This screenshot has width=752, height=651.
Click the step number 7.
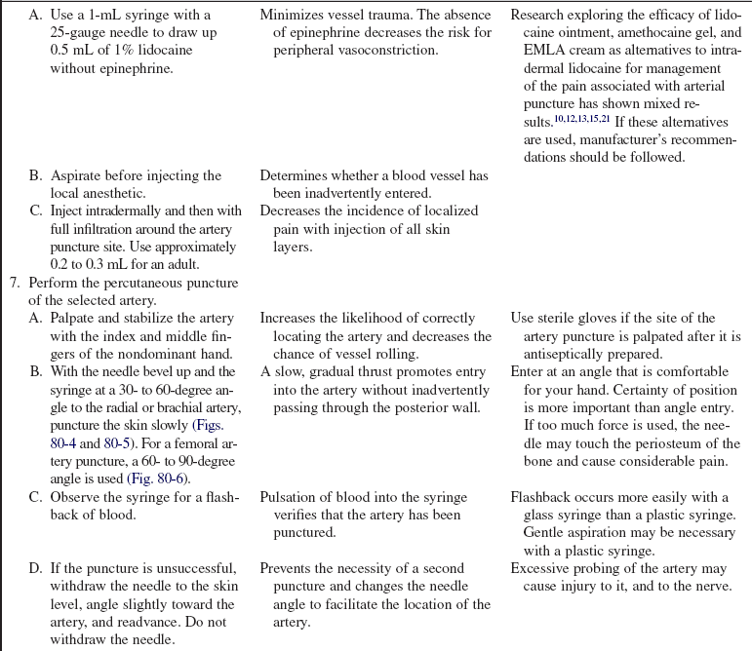(14, 282)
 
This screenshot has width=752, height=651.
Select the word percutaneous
(149, 282)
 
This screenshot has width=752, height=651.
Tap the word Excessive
(541, 568)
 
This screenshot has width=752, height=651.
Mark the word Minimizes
(294, 17)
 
